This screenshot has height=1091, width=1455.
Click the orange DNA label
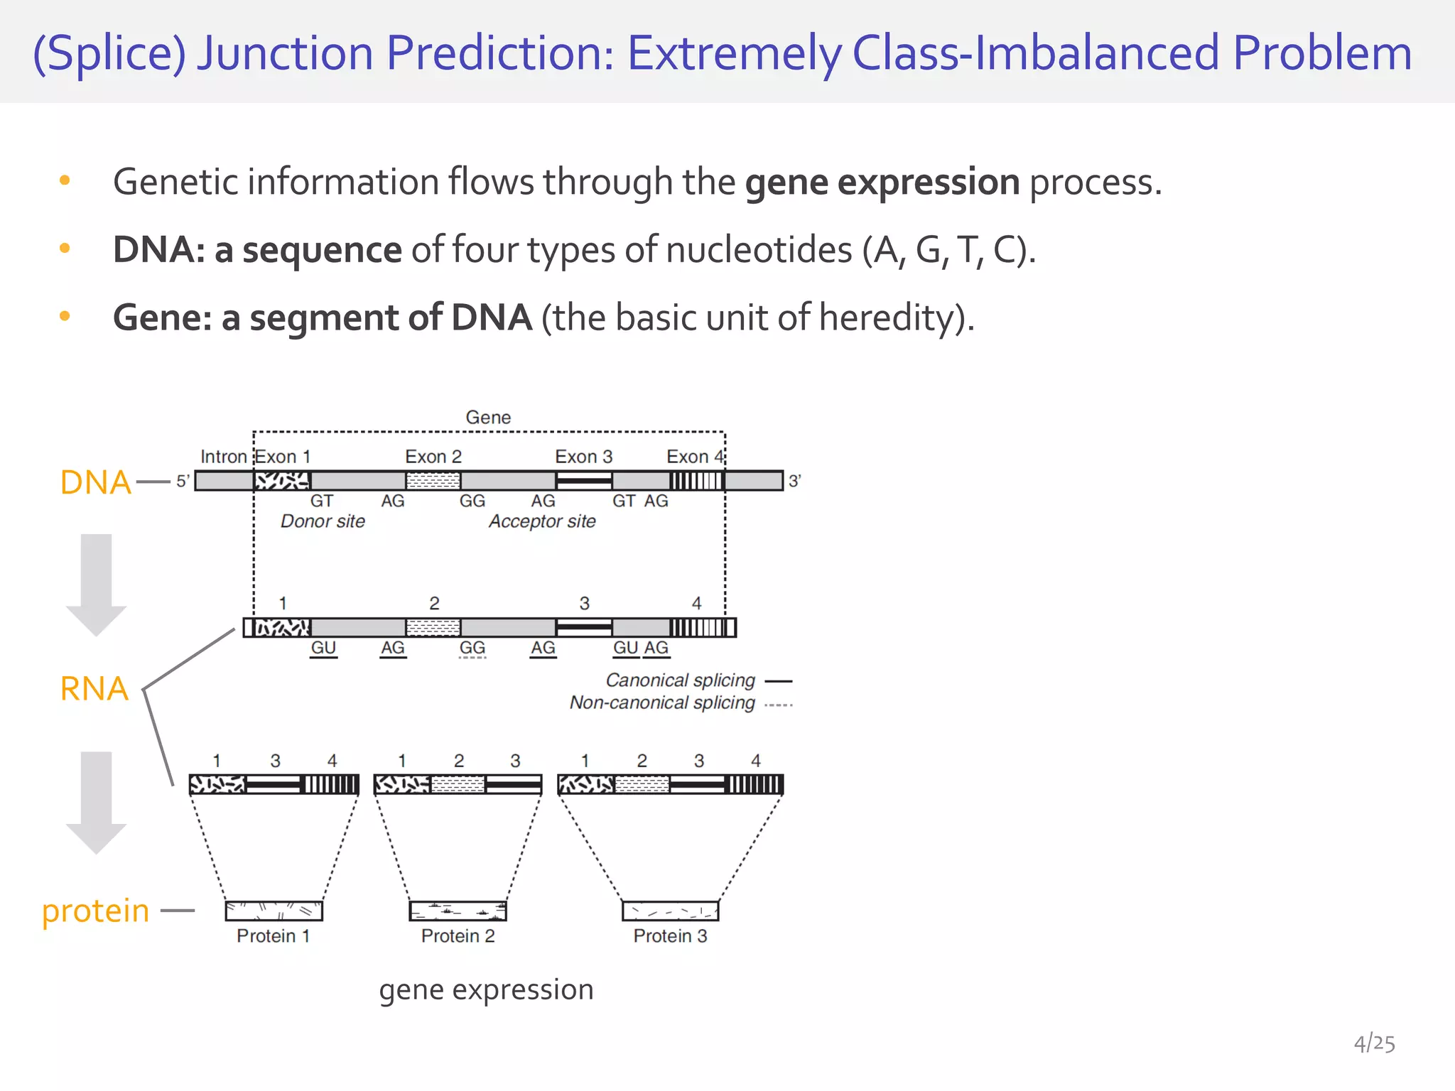click(x=95, y=482)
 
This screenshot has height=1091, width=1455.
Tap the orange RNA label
click(x=94, y=689)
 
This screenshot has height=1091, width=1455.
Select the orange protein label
click(x=95, y=911)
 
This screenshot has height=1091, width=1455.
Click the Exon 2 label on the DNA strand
click(x=433, y=457)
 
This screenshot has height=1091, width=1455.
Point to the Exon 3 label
click(x=583, y=457)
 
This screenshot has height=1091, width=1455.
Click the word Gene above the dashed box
click(x=488, y=418)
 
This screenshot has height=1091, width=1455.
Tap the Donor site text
click(x=323, y=521)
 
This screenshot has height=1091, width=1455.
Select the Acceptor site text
click(x=542, y=521)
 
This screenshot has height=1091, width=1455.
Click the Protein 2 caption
click(x=458, y=936)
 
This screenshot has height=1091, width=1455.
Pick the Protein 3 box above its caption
click(x=670, y=911)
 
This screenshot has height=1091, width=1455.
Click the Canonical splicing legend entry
click(x=680, y=680)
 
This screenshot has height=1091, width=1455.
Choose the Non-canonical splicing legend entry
click(x=662, y=703)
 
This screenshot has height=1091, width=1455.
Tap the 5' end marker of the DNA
click(x=183, y=482)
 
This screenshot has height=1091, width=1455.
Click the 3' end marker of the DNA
click(x=794, y=482)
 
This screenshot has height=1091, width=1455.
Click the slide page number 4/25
click(x=1374, y=1043)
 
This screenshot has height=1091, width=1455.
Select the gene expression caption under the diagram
click(x=486, y=989)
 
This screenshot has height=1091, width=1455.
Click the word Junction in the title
click(x=285, y=53)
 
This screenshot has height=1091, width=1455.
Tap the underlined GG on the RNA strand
click(x=472, y=648)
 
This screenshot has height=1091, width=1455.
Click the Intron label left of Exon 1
click(x=223, y=457)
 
